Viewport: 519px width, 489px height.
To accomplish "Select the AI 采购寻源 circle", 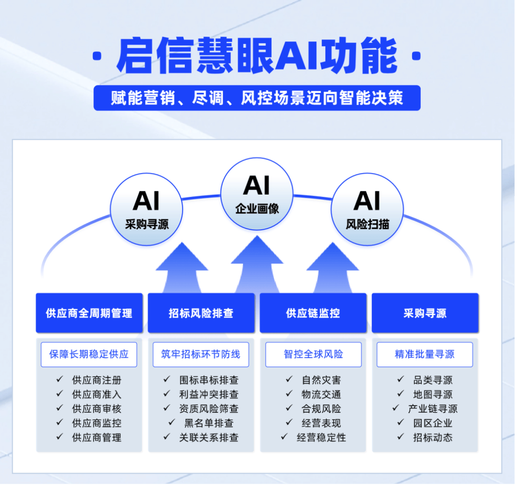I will click(x=146, y=209).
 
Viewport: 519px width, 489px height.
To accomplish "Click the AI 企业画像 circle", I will click(x=257, y=193).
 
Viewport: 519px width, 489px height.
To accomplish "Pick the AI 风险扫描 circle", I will click(x=367, y=209).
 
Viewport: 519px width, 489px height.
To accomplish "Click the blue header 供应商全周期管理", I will click(x=89, y=313).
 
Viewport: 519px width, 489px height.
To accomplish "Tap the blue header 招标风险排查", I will click(x=201, y=313).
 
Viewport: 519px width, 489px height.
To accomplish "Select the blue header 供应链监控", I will click(x=313, y=313).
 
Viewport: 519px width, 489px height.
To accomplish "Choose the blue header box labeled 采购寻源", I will click(x=425, y=313).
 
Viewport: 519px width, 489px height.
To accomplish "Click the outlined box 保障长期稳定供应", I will click(x=89, y=355).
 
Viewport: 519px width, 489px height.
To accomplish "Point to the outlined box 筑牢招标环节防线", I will click(x=201, y=355).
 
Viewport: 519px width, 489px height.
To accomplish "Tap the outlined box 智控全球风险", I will click(x=313, y=355).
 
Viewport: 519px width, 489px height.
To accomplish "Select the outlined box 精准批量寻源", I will click(x=425, y=355).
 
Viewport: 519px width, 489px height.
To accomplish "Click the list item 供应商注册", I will click(x=97, y=380).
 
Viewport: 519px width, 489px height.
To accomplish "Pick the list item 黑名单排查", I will click(x=209, y=423).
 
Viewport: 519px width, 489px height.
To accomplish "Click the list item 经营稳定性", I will click(x=321, y=437).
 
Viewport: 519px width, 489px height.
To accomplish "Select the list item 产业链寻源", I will click(x=432, y=409).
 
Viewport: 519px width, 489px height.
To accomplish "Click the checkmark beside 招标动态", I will click(x=400, y=437).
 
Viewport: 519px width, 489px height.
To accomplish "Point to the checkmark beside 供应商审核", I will click(x=60, y=408).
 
